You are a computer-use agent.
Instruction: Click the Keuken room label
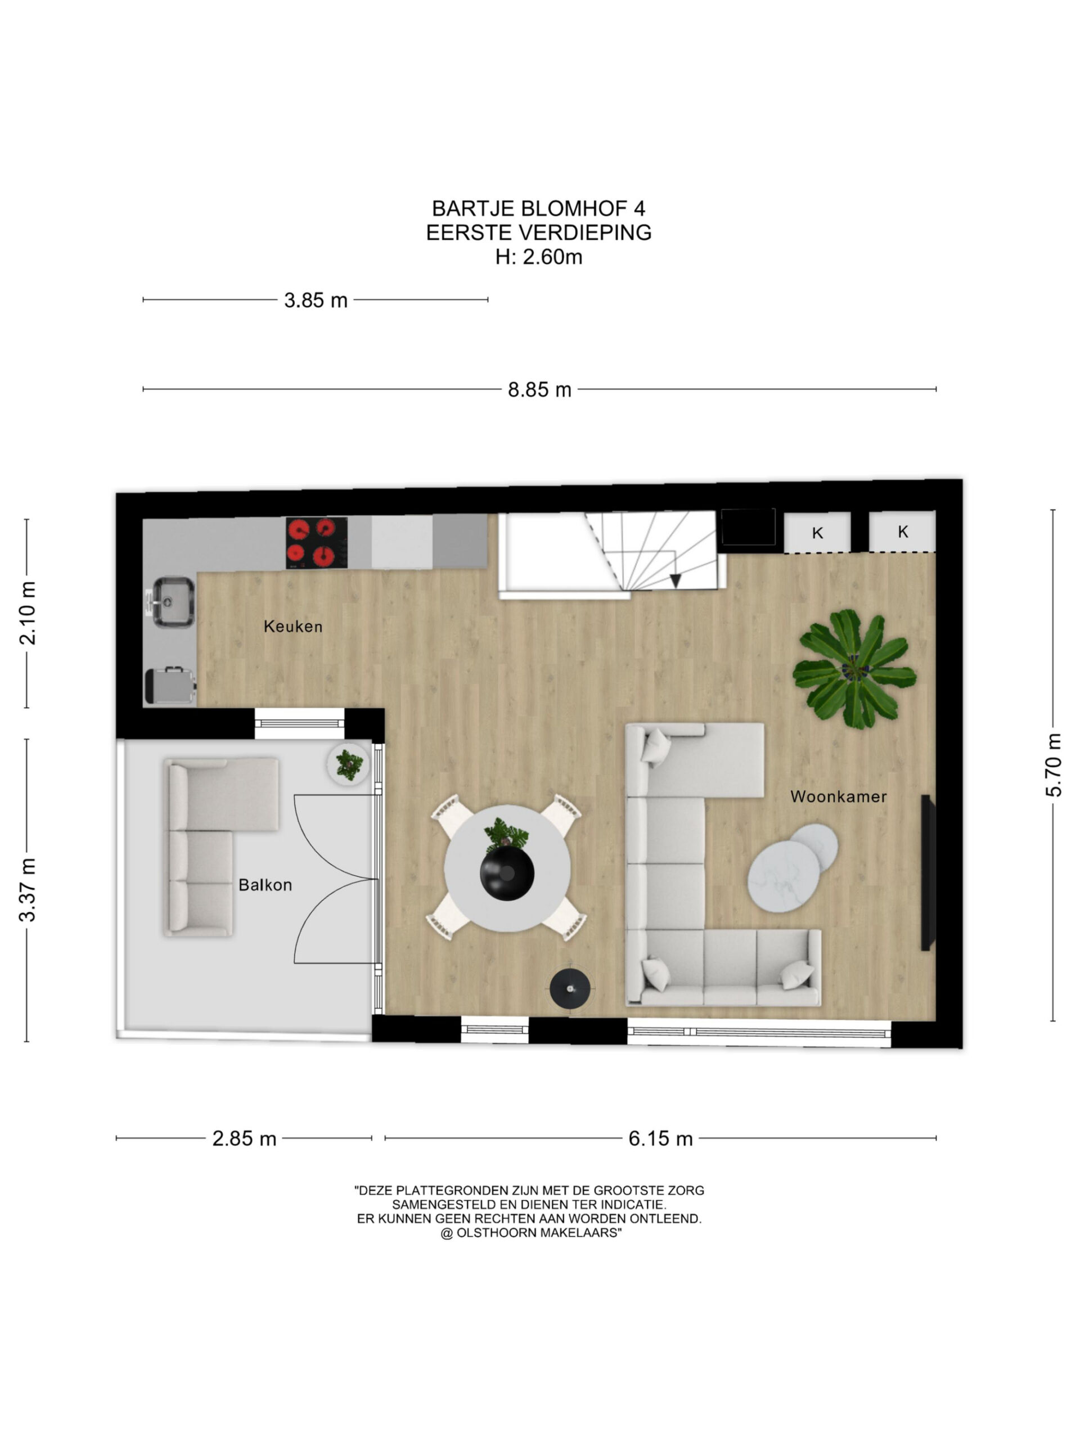(292, 626)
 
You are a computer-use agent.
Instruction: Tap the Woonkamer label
(839, 796)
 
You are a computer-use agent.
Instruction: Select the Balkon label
(265, 885)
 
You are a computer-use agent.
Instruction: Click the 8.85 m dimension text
(539, 390)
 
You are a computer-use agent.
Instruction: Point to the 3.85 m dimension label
(316, 300)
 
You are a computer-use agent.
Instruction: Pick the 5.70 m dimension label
(1054, 765)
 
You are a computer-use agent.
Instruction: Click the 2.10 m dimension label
(28, 613)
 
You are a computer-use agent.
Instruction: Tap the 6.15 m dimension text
(660, 1138)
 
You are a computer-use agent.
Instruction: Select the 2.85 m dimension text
(244, 1138)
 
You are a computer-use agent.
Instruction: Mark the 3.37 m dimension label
(28, 890)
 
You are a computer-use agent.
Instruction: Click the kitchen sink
(173, 602)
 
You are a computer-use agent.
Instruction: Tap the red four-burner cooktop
(316, 543)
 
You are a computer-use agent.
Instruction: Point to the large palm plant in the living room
(854, 669)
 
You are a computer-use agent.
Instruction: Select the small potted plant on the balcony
(349, 764)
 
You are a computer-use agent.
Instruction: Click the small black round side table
(570, 988)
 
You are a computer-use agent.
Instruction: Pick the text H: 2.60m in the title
(539, 257)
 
